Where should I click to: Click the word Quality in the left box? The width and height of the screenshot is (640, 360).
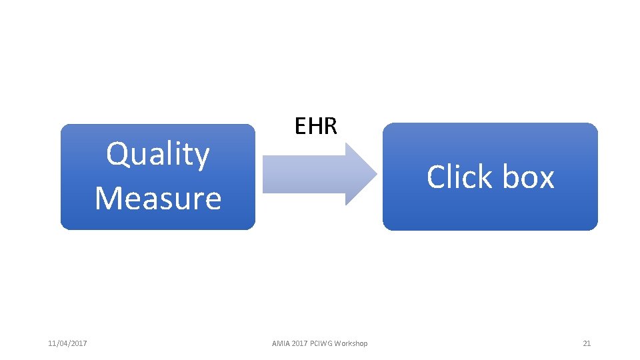point(158,155)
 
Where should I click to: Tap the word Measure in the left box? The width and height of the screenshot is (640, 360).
point(158,198)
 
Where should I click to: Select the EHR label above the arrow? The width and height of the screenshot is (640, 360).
point(316,125)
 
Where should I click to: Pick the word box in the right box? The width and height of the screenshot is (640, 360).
point(528,177)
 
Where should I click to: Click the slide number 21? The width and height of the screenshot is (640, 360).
point(587,343)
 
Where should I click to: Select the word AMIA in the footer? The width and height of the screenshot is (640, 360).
point(281,343)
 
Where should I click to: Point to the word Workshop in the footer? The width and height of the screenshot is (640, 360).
point(351,343)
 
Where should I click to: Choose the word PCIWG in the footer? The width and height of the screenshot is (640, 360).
point(321,343)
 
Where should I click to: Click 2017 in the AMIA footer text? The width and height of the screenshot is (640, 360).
point(299,343)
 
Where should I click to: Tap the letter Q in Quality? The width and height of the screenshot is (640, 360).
point(118,155)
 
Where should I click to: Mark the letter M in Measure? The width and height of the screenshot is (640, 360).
point(109,198)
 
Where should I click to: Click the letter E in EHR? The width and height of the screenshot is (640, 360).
point(300,125)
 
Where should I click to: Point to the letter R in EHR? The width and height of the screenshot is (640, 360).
point(331,125)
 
